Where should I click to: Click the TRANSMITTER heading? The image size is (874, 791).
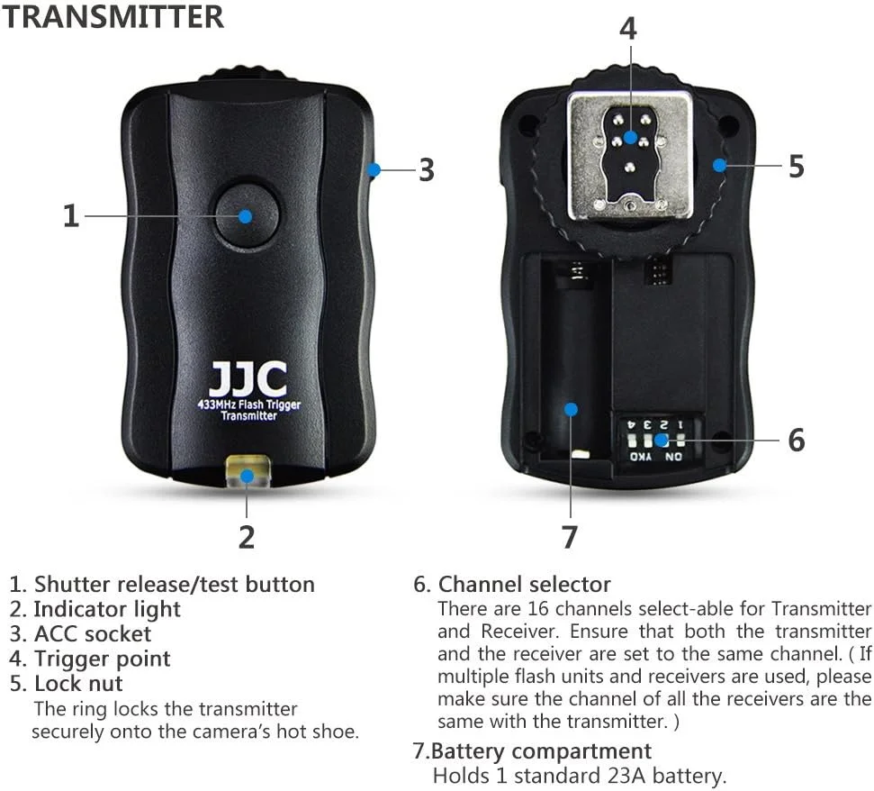click(113, 16)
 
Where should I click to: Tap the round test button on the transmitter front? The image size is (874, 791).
click(247, 216)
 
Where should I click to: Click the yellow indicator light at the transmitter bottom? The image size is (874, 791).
click(248, 472)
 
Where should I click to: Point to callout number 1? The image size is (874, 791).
click(71, 216)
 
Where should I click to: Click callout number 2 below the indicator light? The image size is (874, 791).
click(247, 537)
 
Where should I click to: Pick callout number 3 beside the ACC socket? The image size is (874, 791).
click(427, 169)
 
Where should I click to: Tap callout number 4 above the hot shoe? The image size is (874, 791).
click(628, 29)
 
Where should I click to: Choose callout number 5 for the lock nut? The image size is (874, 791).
click(797, 167)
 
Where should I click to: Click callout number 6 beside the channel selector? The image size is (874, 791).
click(797, 440)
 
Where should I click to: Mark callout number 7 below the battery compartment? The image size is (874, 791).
click(569, 537)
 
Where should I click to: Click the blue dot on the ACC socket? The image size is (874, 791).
click(374, 169)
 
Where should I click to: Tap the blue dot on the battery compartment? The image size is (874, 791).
click(571, 409)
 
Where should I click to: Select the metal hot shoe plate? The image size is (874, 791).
click(630, 156)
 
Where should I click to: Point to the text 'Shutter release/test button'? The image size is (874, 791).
click(175, 584)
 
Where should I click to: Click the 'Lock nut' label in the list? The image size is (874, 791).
click(78, 683)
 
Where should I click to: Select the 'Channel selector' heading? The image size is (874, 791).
click(525, 584)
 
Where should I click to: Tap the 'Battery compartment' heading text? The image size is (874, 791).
click(541, 750)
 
